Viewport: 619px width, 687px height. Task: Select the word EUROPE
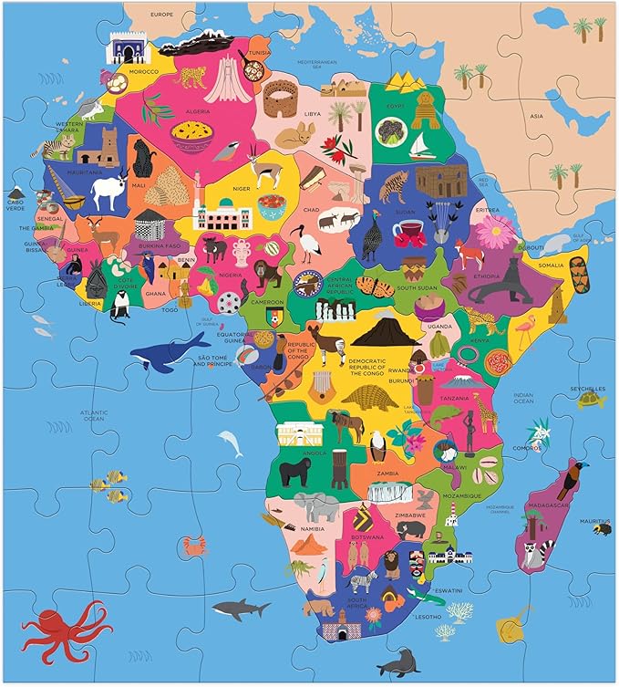point(161,15)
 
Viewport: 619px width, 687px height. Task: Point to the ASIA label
point(537,116)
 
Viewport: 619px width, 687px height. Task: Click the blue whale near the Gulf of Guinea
point(173,349)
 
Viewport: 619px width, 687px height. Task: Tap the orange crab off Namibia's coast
point(193,546)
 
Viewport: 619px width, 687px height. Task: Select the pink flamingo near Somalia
point(526,330)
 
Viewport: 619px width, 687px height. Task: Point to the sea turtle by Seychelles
point(591,398)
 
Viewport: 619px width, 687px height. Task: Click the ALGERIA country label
point(199,112)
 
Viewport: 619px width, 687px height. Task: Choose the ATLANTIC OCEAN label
point(94,416)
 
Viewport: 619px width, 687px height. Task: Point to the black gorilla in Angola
point(294,472)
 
